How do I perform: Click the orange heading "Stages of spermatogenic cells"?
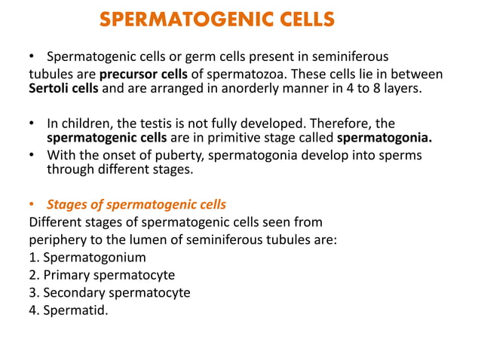tap(136, 204)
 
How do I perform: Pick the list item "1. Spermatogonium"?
tap(87, 258)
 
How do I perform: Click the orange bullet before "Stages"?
tap(32, 204)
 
